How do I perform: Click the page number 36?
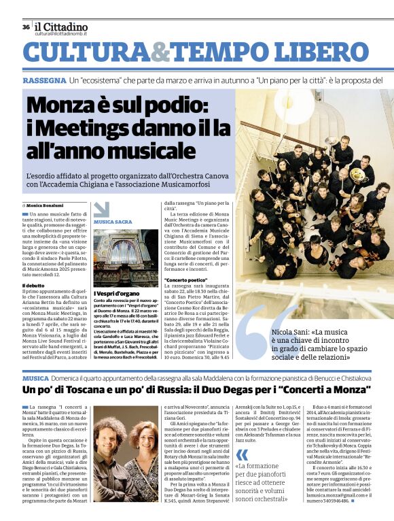[26, 27]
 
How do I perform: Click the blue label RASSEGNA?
[43, 80]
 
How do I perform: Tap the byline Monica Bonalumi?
[44, 205]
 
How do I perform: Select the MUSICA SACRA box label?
[113, 222]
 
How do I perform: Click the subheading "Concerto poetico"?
[185, 280]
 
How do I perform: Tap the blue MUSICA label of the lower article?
[35, 377]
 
